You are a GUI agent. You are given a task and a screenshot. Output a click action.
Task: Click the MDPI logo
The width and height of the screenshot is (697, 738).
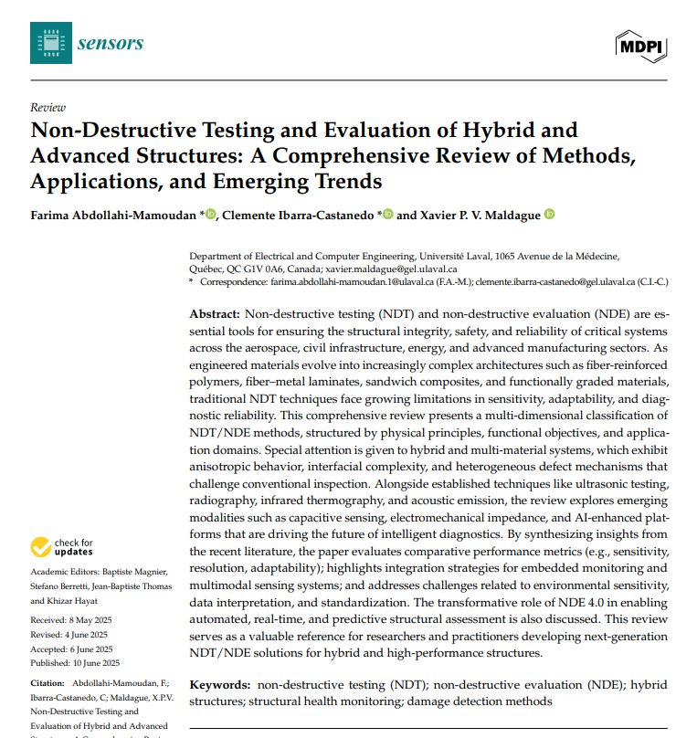[x=643, y=43]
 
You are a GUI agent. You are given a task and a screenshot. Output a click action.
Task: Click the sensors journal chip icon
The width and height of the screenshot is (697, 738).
[x=50, y=42]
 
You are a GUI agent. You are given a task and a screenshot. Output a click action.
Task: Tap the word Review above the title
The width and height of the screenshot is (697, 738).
[x=48, y=107]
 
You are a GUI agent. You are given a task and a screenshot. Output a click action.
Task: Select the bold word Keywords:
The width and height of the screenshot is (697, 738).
[x=219, y=684]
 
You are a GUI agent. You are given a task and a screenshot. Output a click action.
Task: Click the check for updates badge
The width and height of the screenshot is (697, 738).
[x=62, y=547]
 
